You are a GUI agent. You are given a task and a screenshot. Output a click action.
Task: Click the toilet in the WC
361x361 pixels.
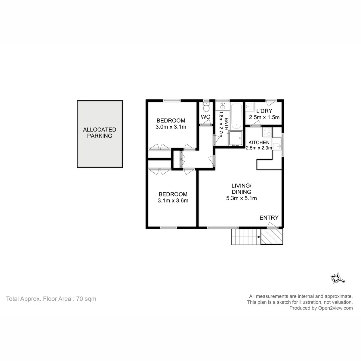206,106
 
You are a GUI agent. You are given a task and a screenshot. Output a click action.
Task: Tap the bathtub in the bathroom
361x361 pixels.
236,116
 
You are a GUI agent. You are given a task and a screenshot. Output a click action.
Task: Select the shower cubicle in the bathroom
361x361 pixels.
235,138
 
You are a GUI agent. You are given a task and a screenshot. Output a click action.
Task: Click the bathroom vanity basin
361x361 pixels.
222,106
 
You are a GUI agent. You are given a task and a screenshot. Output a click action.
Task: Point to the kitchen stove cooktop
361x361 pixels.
267,132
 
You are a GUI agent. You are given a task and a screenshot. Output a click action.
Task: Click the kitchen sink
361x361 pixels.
277,144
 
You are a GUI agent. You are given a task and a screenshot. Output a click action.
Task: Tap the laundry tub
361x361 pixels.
249,106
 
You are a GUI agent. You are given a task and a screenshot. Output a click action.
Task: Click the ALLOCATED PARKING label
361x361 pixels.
100,133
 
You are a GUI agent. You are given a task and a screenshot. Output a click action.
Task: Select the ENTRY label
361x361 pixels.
269,218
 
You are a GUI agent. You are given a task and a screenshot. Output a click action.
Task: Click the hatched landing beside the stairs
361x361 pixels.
272,236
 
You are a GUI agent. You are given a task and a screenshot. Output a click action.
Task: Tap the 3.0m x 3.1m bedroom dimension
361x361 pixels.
171,127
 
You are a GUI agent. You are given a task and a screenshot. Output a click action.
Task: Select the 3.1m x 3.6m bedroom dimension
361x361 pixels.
173,201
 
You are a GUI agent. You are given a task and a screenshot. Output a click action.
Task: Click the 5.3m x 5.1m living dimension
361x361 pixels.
242,198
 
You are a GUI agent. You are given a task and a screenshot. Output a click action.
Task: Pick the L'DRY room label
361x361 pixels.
264,111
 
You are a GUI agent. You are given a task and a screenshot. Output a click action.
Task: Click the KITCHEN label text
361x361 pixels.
259,142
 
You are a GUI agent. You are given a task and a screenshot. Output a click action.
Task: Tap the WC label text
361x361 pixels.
205,117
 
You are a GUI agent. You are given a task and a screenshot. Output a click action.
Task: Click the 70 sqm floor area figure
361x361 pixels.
86,299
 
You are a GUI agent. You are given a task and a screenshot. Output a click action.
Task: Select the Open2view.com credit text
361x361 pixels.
335,308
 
